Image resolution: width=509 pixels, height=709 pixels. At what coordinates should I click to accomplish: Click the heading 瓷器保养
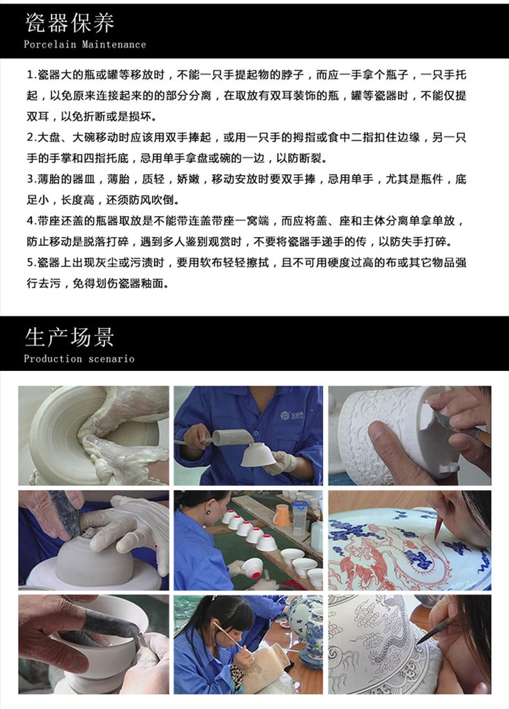(x=69, y=23)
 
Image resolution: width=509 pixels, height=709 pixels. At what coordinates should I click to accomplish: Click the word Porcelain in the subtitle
(x=50, y=45)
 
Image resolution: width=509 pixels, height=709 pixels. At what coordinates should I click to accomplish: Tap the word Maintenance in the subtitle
(x=114, y=45)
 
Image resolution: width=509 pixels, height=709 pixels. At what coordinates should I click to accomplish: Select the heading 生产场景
(x=69, y=337)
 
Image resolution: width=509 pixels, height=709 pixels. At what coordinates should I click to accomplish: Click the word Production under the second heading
(x=53, y=358)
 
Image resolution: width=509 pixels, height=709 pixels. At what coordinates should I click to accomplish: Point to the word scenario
(x=112, y=359)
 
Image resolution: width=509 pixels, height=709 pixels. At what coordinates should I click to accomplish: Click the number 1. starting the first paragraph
(x=31, y=75)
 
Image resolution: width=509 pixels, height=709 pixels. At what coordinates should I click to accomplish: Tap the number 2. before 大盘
(x=31, y=137)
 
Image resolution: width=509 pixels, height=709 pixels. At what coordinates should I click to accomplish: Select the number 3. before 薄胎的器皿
(x=31, y=179)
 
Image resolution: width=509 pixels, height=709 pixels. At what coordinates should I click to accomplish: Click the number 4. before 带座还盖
(x=31, y=221)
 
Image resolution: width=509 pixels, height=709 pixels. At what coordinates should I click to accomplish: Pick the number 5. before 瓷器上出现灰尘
(x=31, y=262)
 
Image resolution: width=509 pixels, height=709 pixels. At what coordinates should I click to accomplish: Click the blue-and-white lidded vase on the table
(x=308, y=625)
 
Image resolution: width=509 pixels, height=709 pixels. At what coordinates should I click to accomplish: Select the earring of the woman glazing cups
(x=209, y=512)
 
